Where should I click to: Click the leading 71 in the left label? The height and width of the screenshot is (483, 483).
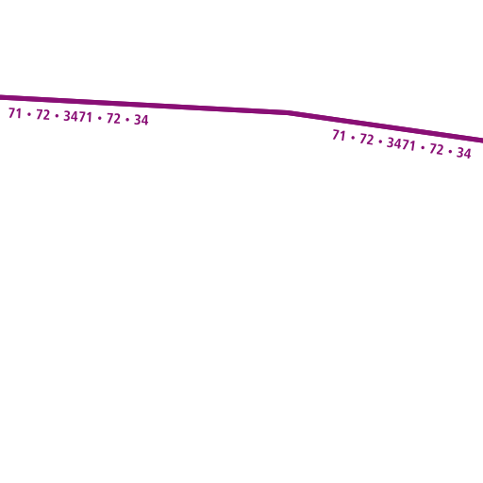tap(15, 113)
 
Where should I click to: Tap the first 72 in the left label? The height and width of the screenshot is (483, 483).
tap(42, 115)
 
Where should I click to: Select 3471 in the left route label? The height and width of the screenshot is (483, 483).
tap(77, 116)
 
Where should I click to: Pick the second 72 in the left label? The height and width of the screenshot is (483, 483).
tap(113, 119)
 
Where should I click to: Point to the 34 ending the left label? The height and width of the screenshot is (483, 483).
tap(142, 120)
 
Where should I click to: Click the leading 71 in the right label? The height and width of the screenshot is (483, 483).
tap(339, 136)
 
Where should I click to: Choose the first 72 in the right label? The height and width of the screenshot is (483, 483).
tap(367, 139)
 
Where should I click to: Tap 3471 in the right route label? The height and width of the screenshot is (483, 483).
tap(401, 143)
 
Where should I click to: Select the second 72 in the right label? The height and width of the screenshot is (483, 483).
tap(437, 149)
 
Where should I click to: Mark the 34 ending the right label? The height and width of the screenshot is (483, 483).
tap(464, 153)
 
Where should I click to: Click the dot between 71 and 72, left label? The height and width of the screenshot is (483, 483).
tap(29, 114)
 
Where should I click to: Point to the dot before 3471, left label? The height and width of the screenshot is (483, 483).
tap(57, 116)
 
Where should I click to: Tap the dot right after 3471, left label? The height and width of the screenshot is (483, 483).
tap(100, 118)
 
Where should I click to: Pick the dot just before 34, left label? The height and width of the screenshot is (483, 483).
tap(127, 120)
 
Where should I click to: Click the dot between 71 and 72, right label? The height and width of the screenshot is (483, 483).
tap(353, 138)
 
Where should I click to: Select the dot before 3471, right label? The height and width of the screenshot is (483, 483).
tap(380, 142)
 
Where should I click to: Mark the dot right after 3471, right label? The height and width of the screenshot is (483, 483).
tap(423, 147)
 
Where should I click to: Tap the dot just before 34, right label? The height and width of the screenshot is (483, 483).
tap(450, 151)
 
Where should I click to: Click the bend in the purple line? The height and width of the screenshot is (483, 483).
tap(288, 112)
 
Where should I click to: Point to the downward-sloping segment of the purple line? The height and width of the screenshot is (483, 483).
tap(385, 126)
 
